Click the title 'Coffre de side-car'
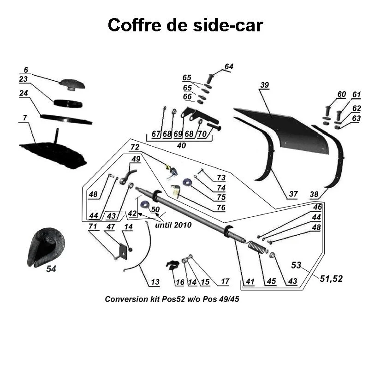tap(185, 25)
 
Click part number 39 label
tap(264, 85)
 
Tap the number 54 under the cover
tap(51, 269)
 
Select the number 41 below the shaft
tap(250, 281)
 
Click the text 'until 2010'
tap(173, 226)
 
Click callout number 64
tap(229, 67)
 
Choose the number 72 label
tap(135, 147)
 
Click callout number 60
tap(341, 95)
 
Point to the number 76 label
tap(221, 208)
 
